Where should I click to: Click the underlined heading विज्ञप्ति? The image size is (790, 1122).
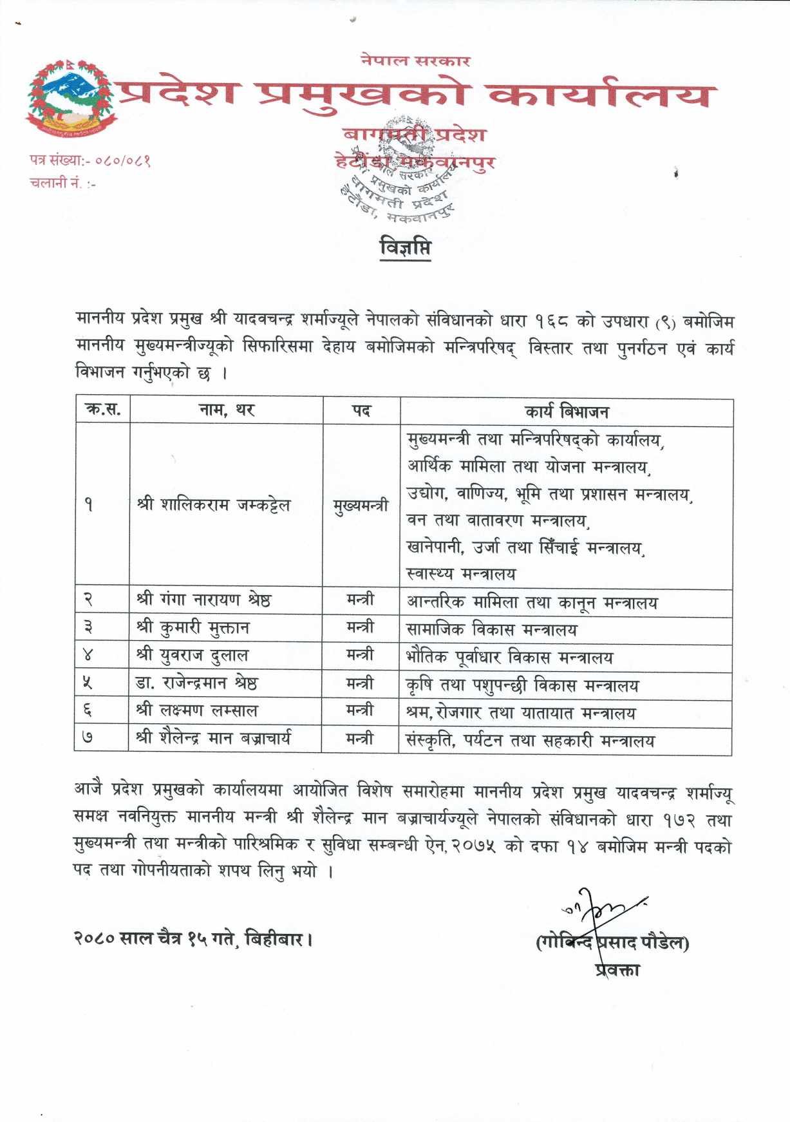tap(405, 248)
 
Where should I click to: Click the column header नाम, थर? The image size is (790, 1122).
tap(227, 410)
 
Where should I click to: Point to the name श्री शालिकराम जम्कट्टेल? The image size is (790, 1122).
tap(213, 505)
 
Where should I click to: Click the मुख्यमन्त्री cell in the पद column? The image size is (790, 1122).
tap(361, 505)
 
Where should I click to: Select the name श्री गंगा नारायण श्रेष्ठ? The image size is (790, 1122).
tap(203, 600)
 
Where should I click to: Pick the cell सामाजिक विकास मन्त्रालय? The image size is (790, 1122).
tap(491, 629)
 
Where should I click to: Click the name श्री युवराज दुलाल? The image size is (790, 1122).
tap(192, 655)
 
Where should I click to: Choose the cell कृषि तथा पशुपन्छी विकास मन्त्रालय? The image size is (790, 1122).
tap(522, 685)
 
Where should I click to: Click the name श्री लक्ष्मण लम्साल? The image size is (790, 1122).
tap(196, 710)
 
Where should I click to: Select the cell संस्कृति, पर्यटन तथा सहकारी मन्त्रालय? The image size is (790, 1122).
tap(529, 741)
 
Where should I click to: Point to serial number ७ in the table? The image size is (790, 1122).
tap(88, 738)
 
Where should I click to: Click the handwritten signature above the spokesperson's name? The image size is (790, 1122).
tap(602, 910)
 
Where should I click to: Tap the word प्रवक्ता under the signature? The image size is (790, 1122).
tap(617, 969)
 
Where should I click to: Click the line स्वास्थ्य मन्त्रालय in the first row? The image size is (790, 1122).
tap(461, 573)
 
